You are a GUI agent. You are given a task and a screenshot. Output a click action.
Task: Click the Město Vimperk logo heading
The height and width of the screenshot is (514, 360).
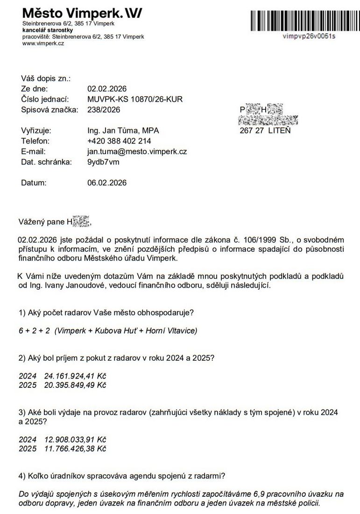[x=82, y=12]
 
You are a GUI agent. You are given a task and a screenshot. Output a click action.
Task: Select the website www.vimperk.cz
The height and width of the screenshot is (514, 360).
[x=43, y=43]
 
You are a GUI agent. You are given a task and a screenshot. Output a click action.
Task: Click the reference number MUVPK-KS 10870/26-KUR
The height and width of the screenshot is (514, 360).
[x=135, y=99]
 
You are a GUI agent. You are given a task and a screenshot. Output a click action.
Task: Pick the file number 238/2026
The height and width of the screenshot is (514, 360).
[x=104, y=110]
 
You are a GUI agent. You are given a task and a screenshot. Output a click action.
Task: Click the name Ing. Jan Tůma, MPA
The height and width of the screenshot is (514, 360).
[x=126, y=130]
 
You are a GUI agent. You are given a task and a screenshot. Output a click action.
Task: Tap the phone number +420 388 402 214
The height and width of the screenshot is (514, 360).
[x=119, y=141]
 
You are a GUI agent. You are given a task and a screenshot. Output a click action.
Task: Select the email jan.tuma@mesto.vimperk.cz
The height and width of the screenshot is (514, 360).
[x=137, y=151]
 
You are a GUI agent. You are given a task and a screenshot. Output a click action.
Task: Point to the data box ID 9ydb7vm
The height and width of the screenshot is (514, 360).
[x=103, y=162]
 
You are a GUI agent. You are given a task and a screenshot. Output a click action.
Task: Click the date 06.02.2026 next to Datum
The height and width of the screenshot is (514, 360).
[x=107, y=183]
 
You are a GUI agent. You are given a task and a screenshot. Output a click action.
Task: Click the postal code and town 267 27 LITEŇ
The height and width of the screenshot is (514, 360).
[x=265, y=130]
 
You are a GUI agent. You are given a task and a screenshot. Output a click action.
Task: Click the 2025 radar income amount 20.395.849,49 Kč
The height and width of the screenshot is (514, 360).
[x=75, y=385]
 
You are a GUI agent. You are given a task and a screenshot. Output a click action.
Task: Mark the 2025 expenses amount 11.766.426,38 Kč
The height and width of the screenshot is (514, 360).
[x=75, y=449]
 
